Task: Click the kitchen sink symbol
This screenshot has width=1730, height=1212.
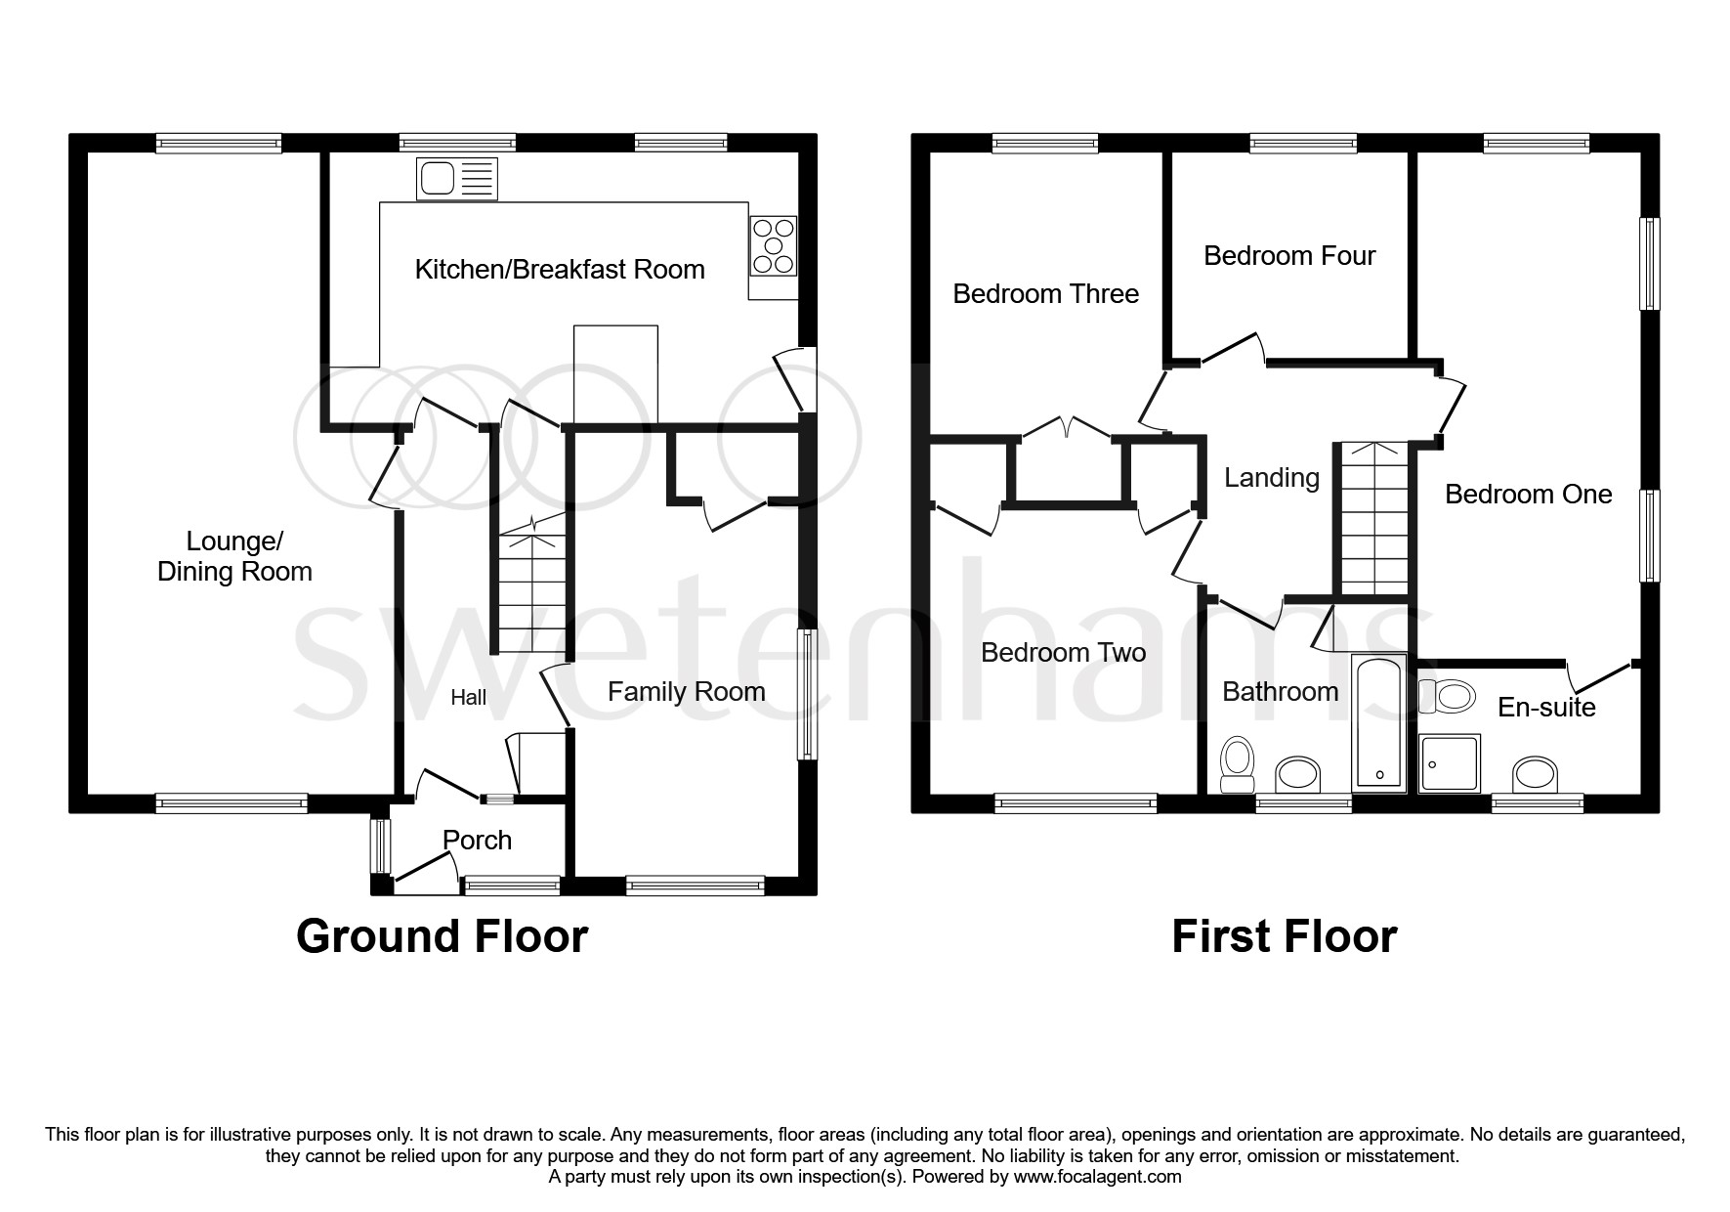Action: [x=457, y=179]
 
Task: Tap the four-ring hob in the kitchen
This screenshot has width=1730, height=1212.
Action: [x=774, y=244]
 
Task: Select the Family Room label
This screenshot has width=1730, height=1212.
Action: [x=686, y=692]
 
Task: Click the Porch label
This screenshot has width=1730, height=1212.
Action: [x=477, y=840]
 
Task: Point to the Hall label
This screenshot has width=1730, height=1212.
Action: [x=468, y=698]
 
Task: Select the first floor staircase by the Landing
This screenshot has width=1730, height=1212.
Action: [x=1373, y=518]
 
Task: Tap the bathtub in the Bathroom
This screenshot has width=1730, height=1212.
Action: [x=1378, y=722]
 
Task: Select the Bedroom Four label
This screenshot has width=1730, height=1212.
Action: [x=1288, y=256]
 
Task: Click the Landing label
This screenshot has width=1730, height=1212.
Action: [x=1271, y=478]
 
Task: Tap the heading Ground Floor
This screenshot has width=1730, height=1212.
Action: [x=442, y=936]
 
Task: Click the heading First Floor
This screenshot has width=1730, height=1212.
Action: [x=1284, y=936]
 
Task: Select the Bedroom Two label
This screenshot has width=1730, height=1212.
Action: [x=1063, y=653]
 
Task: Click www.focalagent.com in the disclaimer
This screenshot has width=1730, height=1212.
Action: [x=1097, y=1177]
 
